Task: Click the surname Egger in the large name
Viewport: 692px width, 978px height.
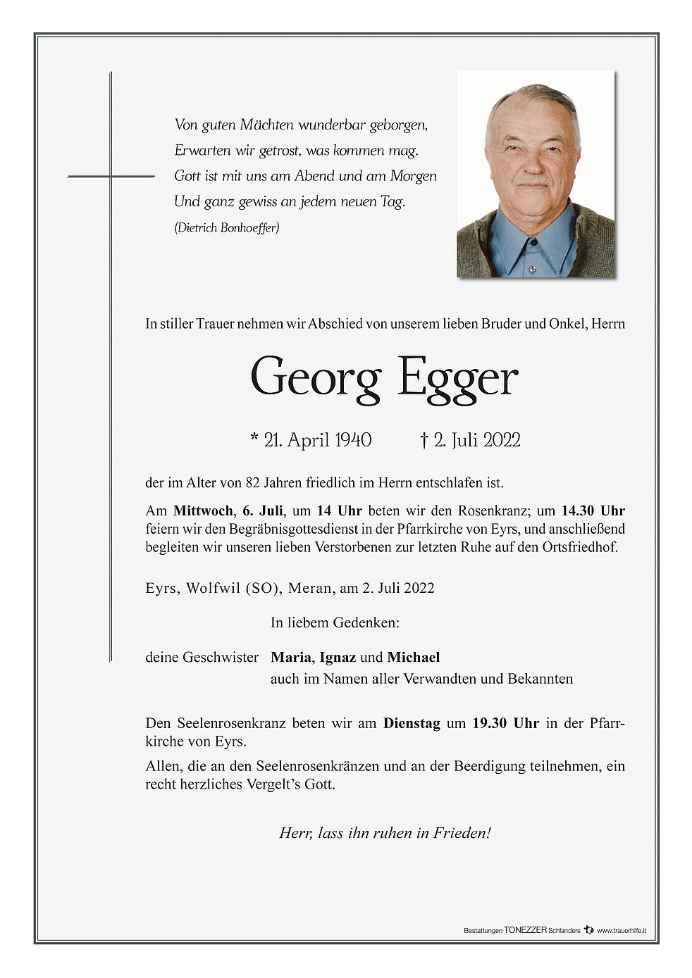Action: click(457, 378)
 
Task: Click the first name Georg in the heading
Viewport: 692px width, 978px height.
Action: click(315, 378)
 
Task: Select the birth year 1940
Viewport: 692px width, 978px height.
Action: click(353, 440)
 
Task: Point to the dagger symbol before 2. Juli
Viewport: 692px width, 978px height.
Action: click(424, 440)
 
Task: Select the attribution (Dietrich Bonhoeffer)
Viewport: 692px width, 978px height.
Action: click(227, 227)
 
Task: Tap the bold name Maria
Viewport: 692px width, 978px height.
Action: click(290, 657)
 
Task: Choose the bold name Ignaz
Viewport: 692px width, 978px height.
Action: click(338, 657)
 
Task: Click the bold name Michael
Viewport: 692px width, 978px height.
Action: click(414, 657)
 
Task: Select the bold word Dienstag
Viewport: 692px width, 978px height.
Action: click(412, 723)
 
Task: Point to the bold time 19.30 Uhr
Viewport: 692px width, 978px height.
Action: click(505, 723)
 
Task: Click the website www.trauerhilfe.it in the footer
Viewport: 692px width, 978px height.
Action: click(622, 930)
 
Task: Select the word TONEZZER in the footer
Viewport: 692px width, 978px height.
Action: click(525, 930)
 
